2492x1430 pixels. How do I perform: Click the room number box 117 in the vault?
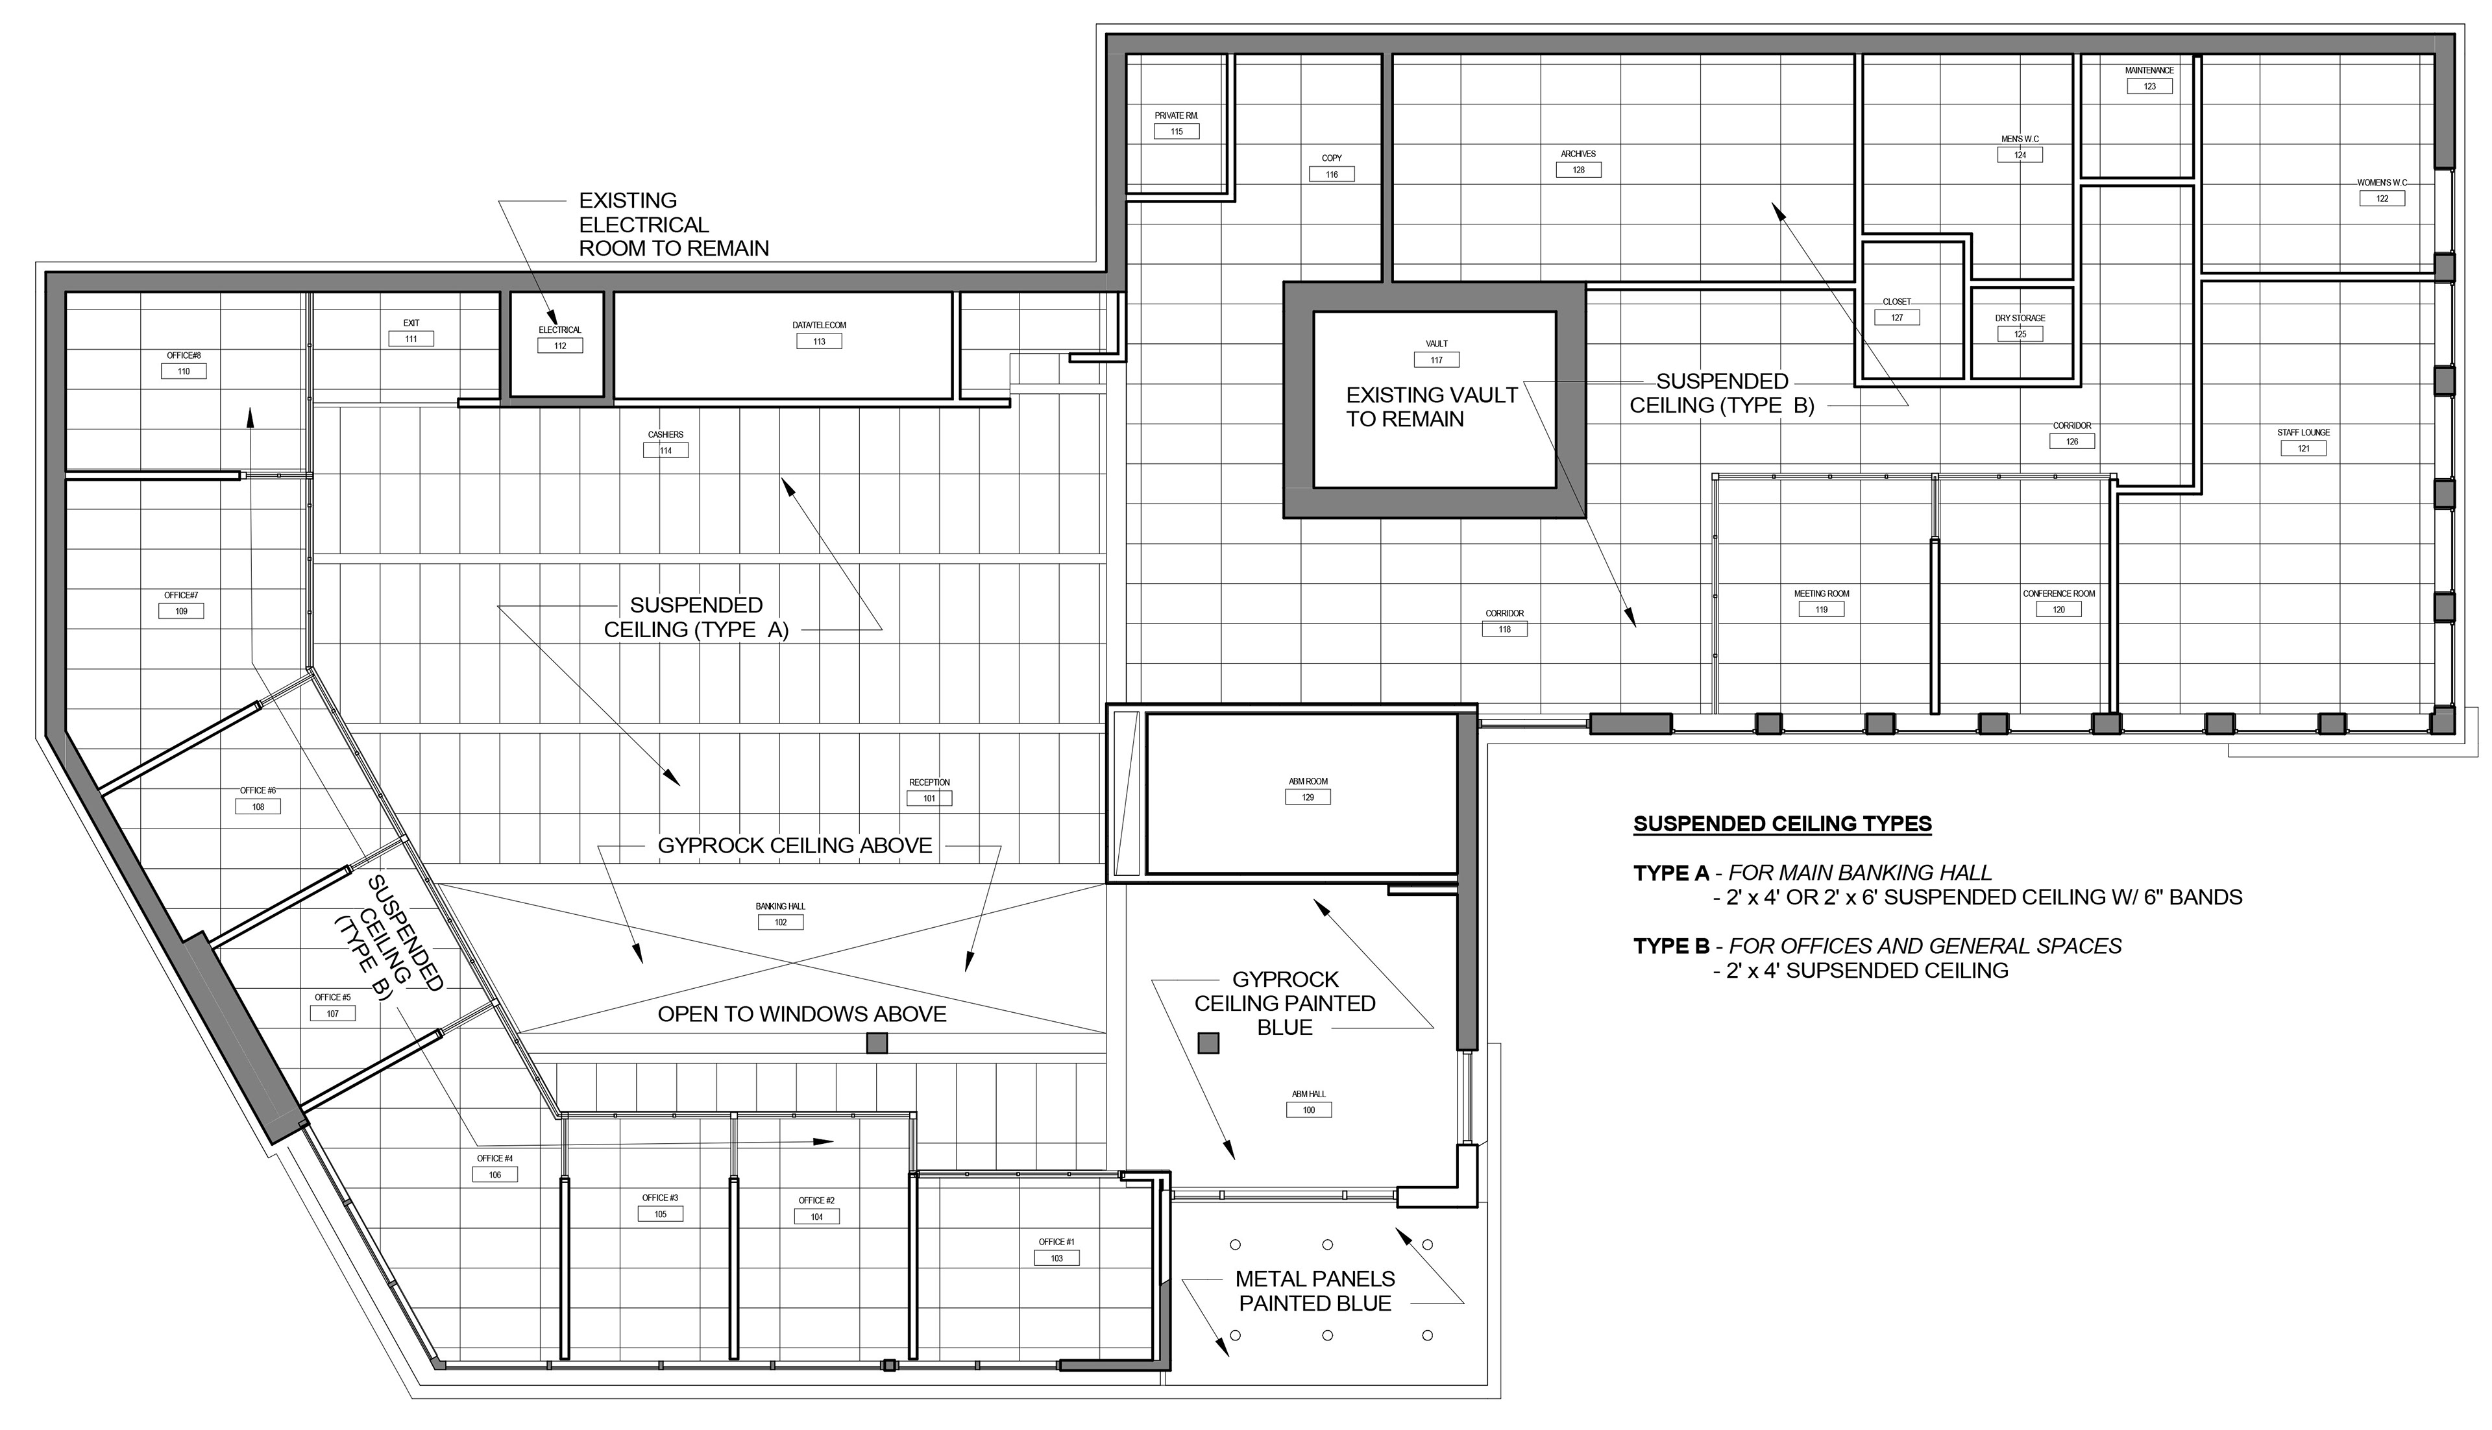[1436, 361]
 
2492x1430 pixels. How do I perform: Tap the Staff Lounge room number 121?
[2303, 449]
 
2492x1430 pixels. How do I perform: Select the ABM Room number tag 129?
[1308, 797]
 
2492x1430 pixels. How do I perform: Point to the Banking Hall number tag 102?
[781, 922]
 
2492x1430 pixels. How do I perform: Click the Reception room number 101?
[929, 799]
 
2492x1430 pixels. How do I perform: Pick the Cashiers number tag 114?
[666, 451]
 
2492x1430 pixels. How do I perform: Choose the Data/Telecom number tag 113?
[819, 342]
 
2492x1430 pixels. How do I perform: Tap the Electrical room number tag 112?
[560, 346]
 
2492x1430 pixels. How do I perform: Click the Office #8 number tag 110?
[184, 371]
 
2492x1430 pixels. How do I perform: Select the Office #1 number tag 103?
[1057, 1258]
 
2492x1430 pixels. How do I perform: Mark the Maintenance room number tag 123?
[2149, 86]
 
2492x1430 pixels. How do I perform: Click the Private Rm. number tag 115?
[1177, 132]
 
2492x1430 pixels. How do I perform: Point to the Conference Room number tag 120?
[2059, 610]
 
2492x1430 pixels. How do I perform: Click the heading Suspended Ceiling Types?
[1783, 824]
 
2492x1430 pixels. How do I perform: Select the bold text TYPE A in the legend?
[1671, 873]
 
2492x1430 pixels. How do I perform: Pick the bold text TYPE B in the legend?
[1671, 947]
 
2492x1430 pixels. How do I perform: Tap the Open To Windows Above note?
[801, 1015]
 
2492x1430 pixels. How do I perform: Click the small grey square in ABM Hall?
[1208, 1043]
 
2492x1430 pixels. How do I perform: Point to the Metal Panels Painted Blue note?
[1315, 1292]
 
